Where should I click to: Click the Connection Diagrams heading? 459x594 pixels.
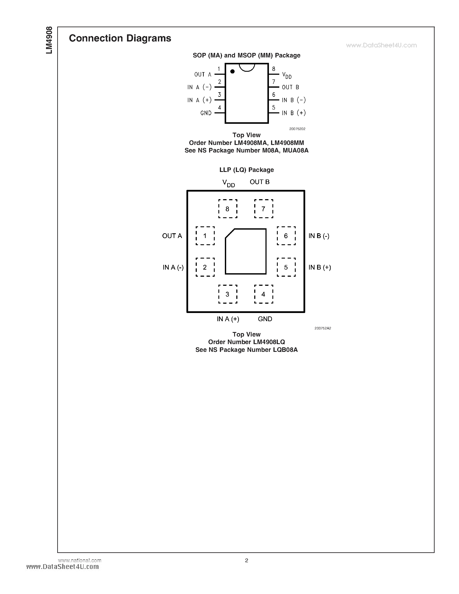[x=120, y=38]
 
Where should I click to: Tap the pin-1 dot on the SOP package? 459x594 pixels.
[x=232, y=71]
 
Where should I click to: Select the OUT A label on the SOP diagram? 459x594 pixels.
[x=203, y=75]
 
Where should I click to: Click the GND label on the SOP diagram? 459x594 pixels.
[x=206, y=113]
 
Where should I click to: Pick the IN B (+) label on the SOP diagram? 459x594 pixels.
[x=294, y=113]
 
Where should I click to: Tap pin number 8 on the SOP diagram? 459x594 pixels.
[x=273, y=69]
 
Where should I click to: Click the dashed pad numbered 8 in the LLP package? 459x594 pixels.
[x=228, y=209]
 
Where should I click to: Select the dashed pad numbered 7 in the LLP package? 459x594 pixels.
[x=264, y=209]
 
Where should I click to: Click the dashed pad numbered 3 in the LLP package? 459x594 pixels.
[x=228, y=294]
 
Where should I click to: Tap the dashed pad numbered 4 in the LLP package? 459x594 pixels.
[x=264, y=294]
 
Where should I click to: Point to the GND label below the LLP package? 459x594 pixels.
[x=265, y=319]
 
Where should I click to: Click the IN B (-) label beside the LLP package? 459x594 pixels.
[x=319, y=236]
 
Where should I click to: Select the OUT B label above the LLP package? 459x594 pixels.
[x=259, y=182]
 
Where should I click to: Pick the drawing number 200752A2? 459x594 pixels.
[x=322, y=328]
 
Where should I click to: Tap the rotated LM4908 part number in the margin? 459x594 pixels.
[x=49, y=40]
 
